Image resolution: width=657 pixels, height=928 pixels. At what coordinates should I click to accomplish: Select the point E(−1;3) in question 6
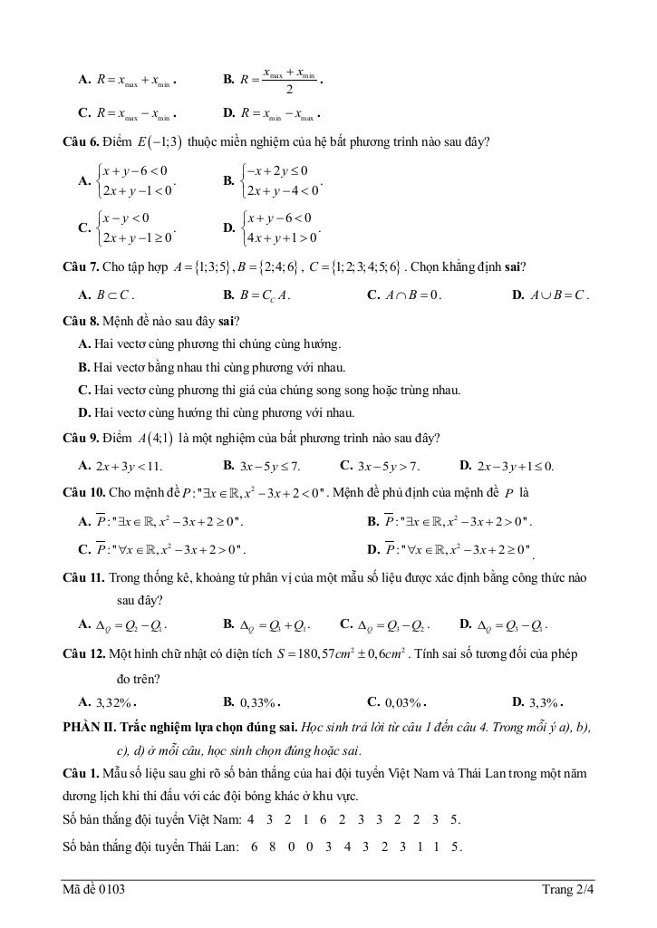tap(159, 142)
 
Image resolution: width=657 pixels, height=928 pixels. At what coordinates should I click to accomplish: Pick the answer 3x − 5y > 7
tap(389, 467)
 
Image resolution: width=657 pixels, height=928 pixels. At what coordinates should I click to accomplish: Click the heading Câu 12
tap(84, 653)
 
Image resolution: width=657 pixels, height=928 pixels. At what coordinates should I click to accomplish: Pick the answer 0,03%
tap(404, 701)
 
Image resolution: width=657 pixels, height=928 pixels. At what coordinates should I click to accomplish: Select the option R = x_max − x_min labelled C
tap(136, 115)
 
